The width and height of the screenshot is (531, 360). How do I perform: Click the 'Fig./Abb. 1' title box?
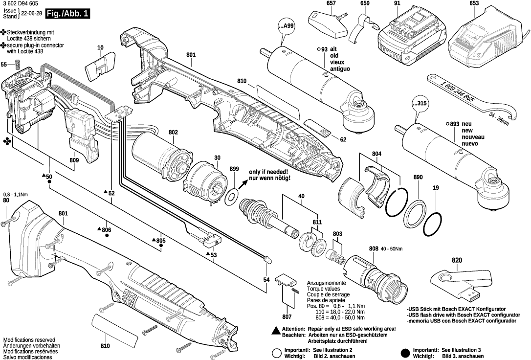[67, 14]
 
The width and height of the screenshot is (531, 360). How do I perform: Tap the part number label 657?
[331, 4]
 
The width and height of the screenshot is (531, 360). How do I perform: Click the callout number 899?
[234, 169]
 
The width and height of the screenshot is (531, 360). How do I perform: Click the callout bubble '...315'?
[419, 103]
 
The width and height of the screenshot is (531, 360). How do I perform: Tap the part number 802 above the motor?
[173, 133]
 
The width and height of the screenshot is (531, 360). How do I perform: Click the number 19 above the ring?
[435, 188]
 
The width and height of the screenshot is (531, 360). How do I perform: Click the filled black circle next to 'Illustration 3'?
[404, 353]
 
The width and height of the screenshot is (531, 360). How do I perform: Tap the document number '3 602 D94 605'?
[18, 4]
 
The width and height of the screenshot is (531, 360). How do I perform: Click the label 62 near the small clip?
[343, 140]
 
